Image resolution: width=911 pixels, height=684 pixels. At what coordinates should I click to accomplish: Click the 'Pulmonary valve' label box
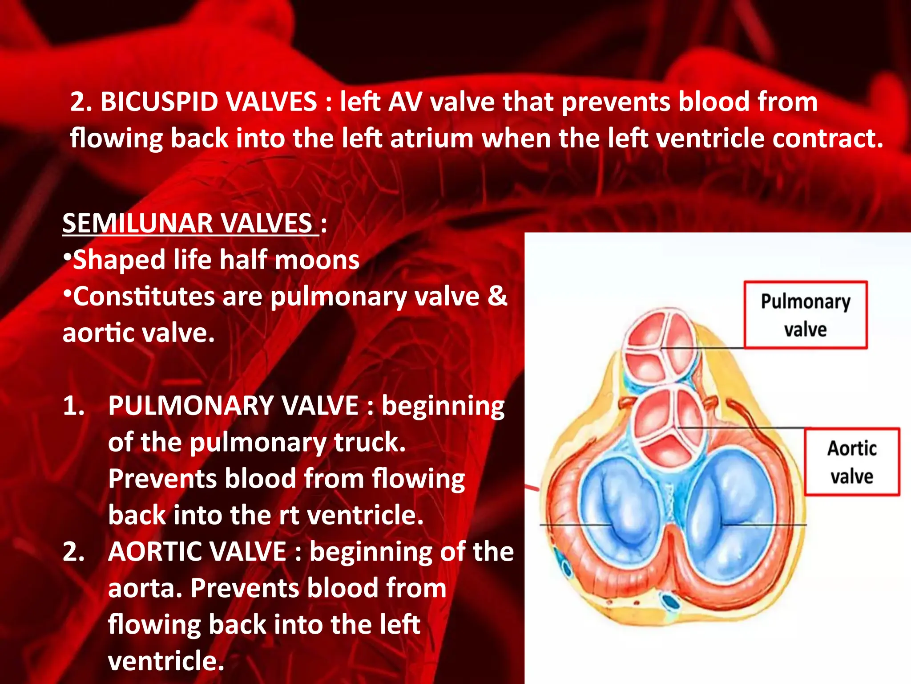(806, 315)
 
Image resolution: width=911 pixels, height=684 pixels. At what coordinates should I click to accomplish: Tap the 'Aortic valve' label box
(852, 462)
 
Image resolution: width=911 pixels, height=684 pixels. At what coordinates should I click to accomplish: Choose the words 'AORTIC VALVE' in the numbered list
(197, 552)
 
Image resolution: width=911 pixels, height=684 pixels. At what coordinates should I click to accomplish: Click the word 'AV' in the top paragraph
(404, 102)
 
